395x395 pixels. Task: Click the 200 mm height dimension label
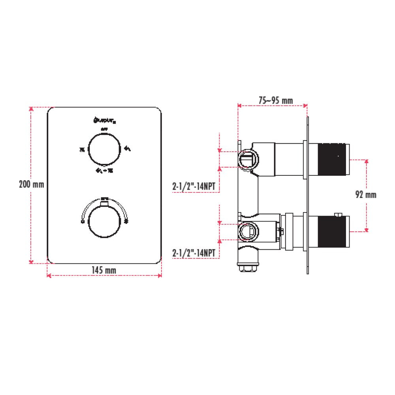pyautogui.click(x=31, y=184)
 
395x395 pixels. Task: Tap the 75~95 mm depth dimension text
pyautogui.click(x=275, y=101)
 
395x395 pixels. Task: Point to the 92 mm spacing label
pyautogui.click(x=365, y=194)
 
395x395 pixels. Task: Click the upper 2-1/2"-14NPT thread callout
pyautogui.click(x=196, y=187)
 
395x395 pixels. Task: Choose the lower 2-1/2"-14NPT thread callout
pyautogui.click(x=196, y=253)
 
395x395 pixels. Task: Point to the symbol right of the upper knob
pyautogui.click(x=128, y=149)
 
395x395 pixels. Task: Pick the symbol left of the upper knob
pyautogui.click(x=82, y=149)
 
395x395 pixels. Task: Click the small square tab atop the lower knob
pyautogui.click(x=104, y=203)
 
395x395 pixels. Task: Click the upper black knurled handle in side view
pyautogui.click(x=329, y=159)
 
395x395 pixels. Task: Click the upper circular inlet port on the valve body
pyautogui.click(x=248, y=158)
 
